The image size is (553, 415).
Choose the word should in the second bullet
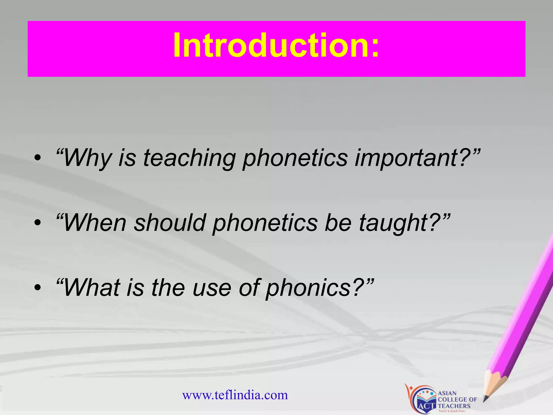coord(170,223)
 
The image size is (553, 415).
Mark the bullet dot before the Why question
coord(38,158)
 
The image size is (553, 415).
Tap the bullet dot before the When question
coord(38,222)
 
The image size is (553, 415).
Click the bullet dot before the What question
coord(38,287)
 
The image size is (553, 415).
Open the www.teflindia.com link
coord(235,395)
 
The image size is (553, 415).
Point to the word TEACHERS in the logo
coord(454,406)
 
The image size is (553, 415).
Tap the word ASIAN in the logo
coord(447,393)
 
